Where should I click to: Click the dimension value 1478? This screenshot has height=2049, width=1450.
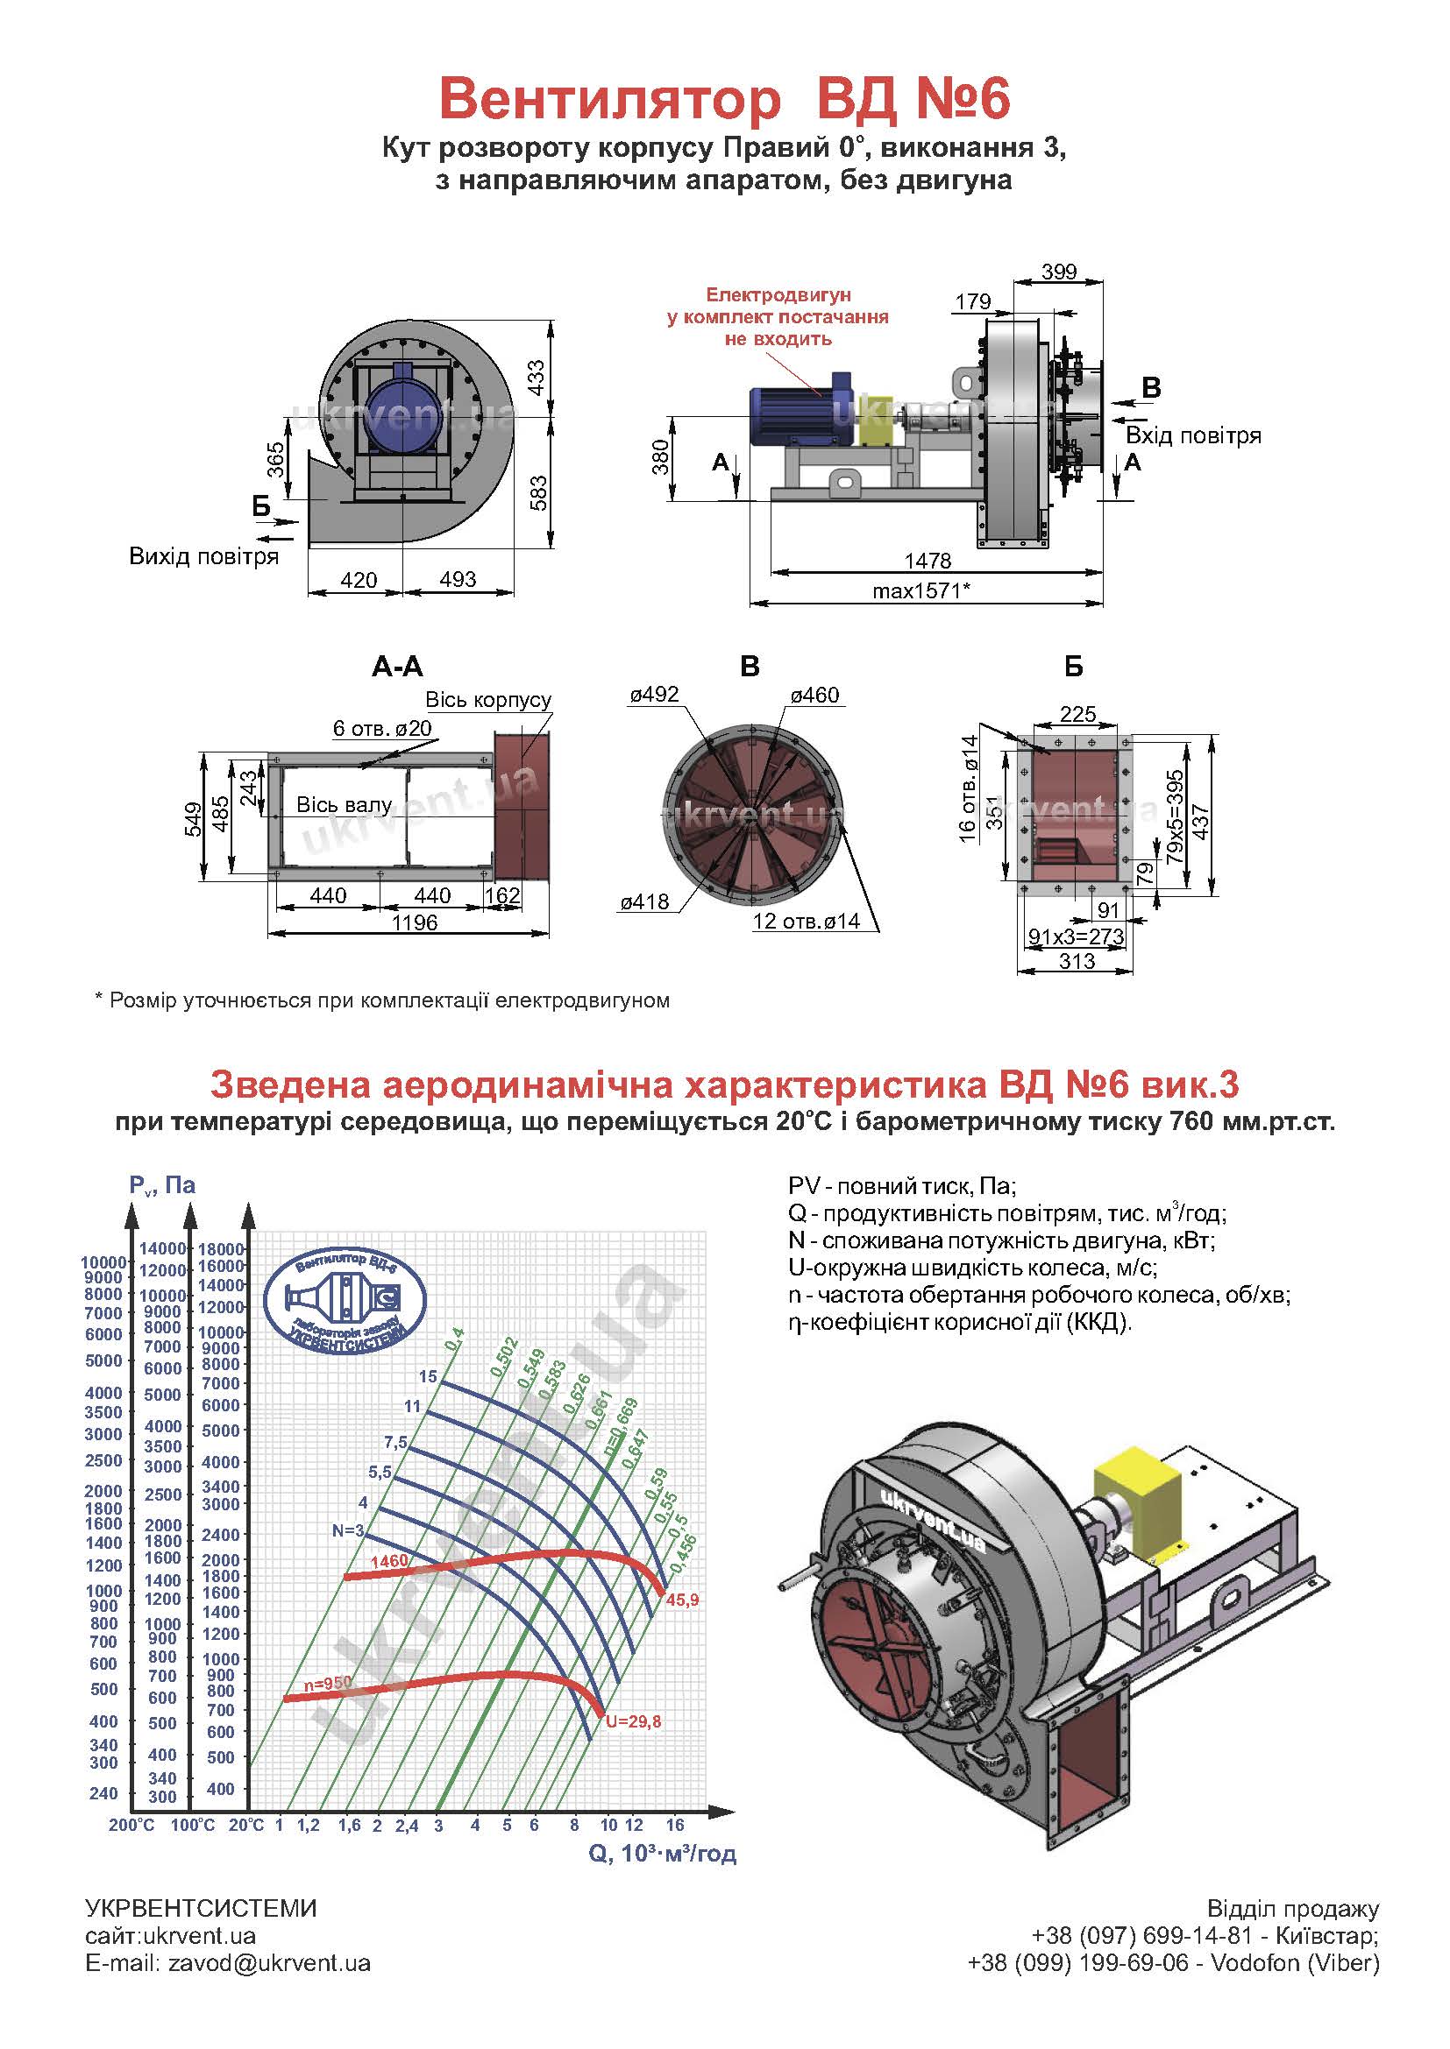(928, 561)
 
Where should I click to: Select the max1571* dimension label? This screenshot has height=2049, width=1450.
(921, 590)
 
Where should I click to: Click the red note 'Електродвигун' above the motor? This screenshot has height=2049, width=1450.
(778, 294)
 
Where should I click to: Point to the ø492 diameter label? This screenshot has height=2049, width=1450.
(654, 695)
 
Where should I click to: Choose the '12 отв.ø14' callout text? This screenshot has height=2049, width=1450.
(807, 921)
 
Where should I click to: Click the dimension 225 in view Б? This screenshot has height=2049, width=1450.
(1077, 714)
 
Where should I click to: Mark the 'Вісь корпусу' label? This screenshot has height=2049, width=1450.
(487, 699)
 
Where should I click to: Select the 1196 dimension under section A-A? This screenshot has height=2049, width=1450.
(415, 922)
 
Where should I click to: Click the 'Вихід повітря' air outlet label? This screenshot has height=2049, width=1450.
(203, 557)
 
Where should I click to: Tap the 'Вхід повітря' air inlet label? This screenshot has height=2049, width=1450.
(1193, 435)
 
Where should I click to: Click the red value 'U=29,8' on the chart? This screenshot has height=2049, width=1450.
(633, 1721)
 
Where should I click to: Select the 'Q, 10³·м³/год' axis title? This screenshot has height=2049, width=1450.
(663, 1854)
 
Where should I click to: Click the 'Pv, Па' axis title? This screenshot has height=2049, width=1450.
(161, 1185)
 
